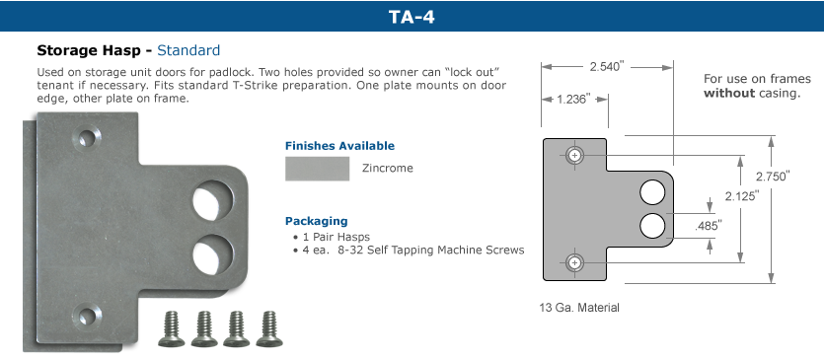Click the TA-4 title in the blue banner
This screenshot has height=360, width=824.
tap(412, 17)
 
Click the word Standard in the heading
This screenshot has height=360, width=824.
tap(188, 50)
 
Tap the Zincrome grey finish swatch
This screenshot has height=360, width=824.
tap(318, 169)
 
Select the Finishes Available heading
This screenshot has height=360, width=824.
tap(339, 146)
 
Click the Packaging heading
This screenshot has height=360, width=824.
tap(317, 221)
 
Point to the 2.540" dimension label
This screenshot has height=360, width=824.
tap(607, 66)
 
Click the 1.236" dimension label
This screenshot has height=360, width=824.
tap(574, 99)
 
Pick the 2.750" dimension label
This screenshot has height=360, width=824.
tap(773, 177)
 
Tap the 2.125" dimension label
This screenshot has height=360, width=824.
tap(742, 196)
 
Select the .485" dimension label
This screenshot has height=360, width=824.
tap(708, 226)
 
